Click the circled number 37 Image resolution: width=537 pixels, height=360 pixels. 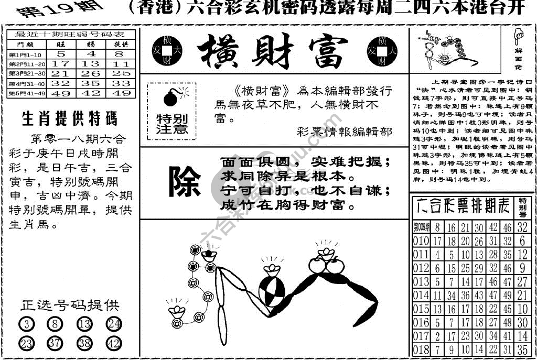(55, 343)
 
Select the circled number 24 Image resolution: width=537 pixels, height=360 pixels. (113, 325)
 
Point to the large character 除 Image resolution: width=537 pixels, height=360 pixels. (184, 182)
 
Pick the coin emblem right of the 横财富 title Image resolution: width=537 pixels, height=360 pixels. (385, 50)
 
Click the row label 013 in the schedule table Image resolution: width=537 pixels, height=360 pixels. (421, 281)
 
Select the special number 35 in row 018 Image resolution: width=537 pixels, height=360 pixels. (522, 350)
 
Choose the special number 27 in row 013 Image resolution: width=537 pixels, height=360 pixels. (522, 281)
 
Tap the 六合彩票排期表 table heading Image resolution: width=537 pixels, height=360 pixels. (462, 205)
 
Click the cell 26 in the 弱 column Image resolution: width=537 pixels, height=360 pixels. (90, 73)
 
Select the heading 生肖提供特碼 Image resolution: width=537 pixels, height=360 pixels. (70, 119)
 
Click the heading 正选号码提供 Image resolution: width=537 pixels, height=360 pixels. (70, 306)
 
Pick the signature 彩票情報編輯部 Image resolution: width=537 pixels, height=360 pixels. (344, 132)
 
